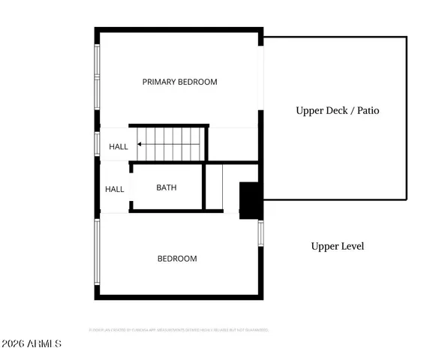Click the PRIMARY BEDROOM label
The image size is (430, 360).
tap(179, 82)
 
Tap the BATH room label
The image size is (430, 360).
tap(167, 187)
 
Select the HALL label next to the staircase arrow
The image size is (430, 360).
tap(119, 147)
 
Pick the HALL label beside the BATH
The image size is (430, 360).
tap(114, 190)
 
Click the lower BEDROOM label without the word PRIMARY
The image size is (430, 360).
tap(176, 259)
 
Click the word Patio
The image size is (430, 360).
tap(368, 110)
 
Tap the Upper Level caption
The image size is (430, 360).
tap(337, 246)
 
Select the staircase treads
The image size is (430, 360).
tap(172, 142)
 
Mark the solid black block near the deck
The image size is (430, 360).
tap(248, 200)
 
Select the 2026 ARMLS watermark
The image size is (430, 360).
tap(32, 343)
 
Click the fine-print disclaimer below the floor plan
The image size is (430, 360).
tap(179, 329)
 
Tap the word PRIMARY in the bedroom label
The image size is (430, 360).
tap(159, 82)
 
